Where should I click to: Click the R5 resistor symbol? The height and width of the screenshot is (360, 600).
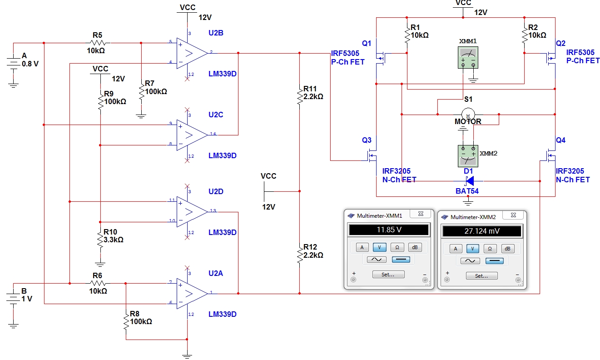click(98, 43)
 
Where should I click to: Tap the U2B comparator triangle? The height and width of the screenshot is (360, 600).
click(192, 53)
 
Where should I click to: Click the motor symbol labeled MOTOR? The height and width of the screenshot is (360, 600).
click(468, 114)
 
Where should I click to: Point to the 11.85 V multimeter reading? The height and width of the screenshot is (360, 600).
click(389, 230)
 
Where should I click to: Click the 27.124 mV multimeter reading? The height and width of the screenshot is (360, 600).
click(482, 231)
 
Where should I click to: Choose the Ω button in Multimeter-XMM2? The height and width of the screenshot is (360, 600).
click(490, 249)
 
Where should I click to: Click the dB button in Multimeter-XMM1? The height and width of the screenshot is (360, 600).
click(415, 247)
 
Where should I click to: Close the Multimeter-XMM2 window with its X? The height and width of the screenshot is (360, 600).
click(513, 215)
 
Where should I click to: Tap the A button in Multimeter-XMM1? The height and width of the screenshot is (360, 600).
click(362, 247)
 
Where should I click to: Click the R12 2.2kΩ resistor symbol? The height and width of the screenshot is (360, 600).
click(299, 255)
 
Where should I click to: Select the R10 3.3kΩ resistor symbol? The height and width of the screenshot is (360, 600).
click(100, 240)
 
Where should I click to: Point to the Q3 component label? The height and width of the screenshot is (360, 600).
click(367, 140)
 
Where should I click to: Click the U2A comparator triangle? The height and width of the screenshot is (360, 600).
click(192, 294)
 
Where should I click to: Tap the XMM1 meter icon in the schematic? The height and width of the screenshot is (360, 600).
click(468, 57)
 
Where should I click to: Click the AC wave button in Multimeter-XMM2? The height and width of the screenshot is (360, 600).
click(470, 260)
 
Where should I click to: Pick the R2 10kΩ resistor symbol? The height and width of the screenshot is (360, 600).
click(525, 35)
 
